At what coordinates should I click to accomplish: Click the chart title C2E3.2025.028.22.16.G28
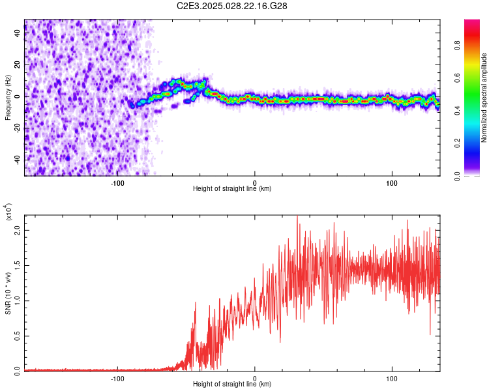pyautogui.click(x=233, y=6)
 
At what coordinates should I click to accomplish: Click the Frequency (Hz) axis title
pyautogui.click(x=8, y=98)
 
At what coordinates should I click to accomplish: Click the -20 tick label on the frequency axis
pyautogui.click(x=16, y=128)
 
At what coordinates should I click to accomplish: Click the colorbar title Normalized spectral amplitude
pyautogui.click(x=484, y=98)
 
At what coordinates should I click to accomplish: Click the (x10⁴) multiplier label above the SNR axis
pyautogui.click(x=8, y=212)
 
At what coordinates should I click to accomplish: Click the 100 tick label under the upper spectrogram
pyautogui.click(x=393, y=183)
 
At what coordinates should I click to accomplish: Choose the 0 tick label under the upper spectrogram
pyautogui.click(x=255, y=183)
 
